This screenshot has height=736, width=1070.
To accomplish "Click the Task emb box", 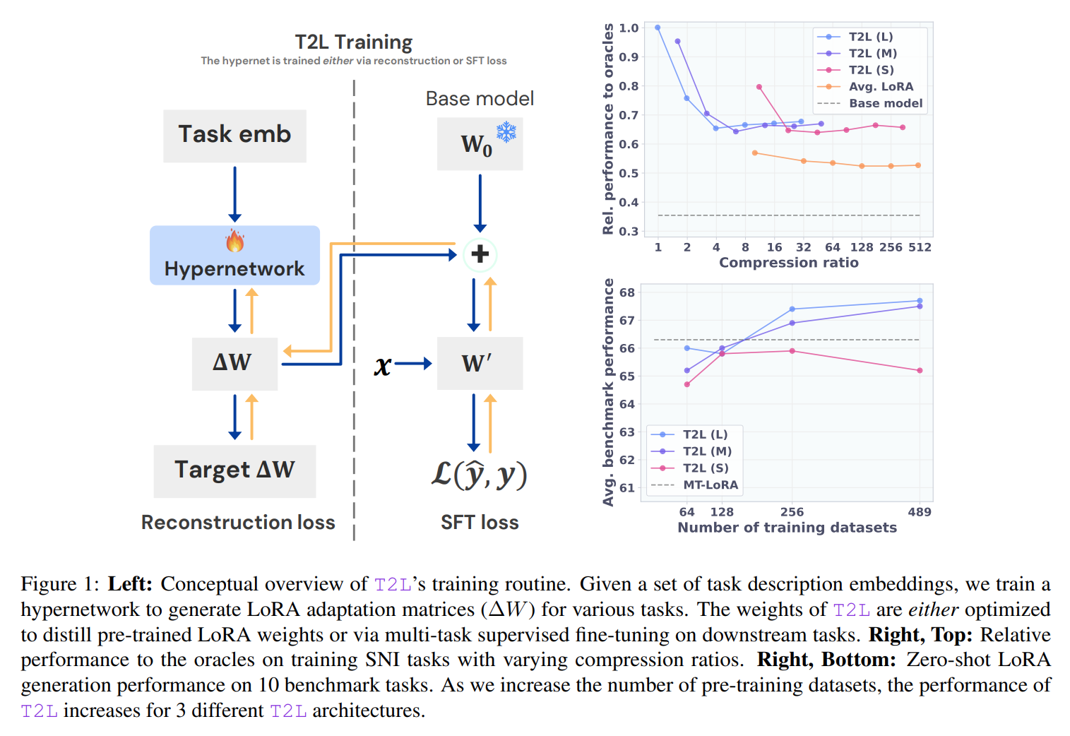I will click(234, 136).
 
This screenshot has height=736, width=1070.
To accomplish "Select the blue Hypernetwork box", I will click(234, 256).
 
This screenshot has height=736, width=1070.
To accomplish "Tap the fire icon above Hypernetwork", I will click(234, 241).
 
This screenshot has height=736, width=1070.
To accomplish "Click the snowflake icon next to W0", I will click(506, 132).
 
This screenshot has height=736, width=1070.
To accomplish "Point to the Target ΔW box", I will click(234, 470).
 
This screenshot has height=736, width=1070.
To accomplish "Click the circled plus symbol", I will click(480, 254).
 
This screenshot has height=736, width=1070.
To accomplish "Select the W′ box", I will click(480, 363).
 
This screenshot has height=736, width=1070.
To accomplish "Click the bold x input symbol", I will click(382, 364).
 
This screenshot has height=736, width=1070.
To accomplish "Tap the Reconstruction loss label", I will click(238, 523).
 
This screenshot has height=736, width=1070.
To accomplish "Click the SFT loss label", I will click(480, 523).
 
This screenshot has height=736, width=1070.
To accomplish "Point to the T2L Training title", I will click(353, 42).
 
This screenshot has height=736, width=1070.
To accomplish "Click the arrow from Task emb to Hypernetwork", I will click(234, 194).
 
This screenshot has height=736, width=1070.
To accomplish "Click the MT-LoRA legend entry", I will click(710, 485).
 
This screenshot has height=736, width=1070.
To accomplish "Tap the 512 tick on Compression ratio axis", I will click(920, 247).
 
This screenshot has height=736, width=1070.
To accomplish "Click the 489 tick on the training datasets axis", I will click(919, 512).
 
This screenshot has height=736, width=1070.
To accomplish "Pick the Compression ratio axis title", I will click(788, 263).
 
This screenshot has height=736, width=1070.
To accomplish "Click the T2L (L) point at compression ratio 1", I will click(658, 28).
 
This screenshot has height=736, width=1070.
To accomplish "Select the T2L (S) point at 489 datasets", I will click(920, 371).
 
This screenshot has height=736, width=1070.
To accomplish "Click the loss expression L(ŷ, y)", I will click(480, 475).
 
